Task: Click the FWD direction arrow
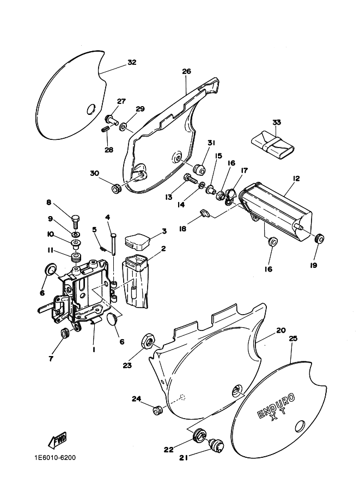(57, 441)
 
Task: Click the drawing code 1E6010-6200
(55, 458)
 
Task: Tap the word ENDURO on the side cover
(276, 406)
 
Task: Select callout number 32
(132, 62)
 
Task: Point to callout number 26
(186, 71)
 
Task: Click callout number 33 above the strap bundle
(277, 122)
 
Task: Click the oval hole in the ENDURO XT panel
(300, 426)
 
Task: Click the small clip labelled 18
(205, 213)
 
